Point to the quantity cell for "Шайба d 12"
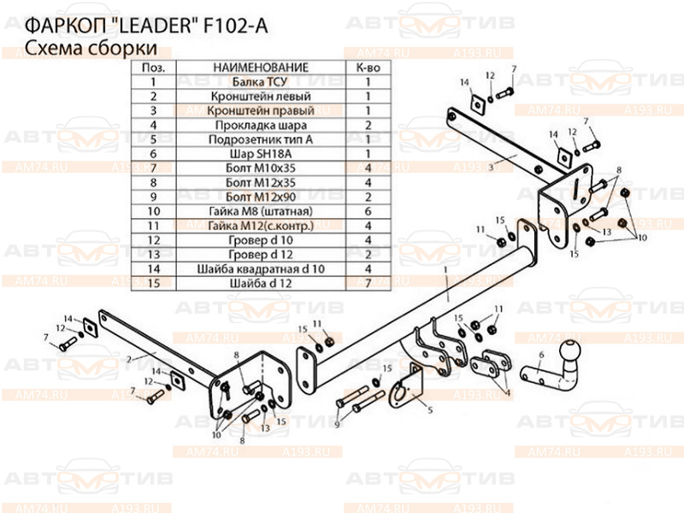[367, 282]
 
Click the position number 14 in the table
[153, 268]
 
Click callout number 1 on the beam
[445, 271]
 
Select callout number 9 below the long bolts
[337, 425]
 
